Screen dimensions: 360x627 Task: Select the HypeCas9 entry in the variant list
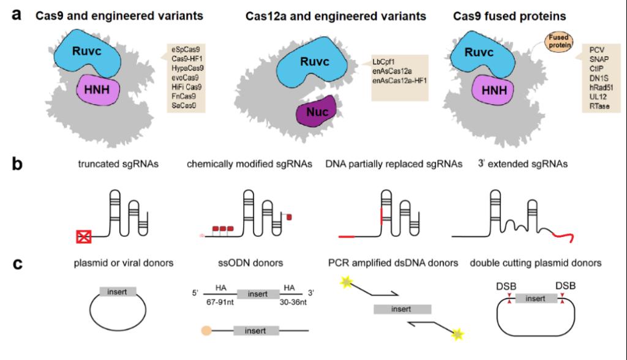[186, 69]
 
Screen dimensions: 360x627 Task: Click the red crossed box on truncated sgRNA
[83, 236]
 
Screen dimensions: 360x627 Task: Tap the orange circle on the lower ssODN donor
[206, 331]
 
